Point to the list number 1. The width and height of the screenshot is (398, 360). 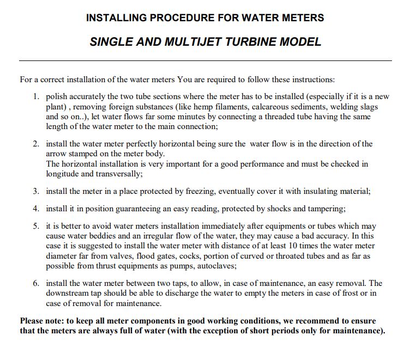coord(36,96)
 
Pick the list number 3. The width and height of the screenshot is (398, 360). coord(36,191)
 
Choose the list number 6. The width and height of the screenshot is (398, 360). coord(36,283)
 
